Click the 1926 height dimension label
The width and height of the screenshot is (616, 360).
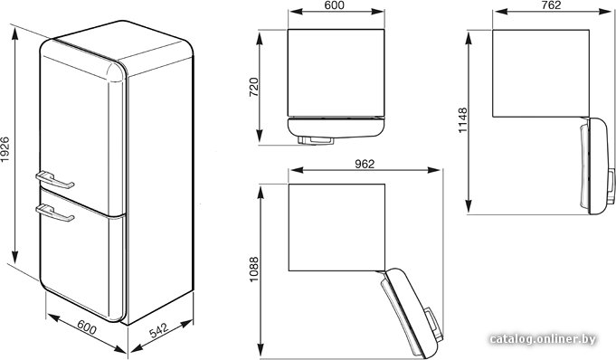coord(5,149)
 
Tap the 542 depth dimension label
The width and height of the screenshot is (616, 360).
coord(158,330)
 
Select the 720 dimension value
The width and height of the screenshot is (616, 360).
coord(254,87)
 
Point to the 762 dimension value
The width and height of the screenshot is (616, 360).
coord(551,5)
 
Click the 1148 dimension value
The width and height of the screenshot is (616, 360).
coord(463,120)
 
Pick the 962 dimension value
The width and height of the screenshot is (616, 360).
coord(365,164)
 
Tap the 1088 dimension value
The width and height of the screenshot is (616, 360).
coord(254,270)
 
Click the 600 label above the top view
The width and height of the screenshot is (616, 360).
coord(335,5)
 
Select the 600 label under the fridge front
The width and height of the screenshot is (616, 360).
coord(87,327)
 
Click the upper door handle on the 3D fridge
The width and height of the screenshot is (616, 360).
coord(54,180)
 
